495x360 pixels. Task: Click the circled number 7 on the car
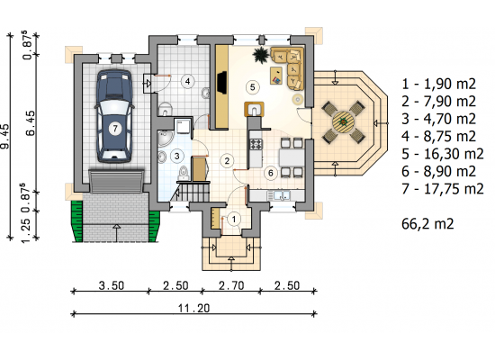115,129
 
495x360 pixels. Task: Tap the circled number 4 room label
187,82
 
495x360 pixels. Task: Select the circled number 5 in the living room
252,86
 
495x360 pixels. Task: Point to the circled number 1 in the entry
234,219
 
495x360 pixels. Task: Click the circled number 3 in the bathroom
176,156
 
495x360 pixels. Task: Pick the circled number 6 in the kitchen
271,173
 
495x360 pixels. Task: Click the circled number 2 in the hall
227,161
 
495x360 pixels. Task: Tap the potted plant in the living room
261,55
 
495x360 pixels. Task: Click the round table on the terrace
344,121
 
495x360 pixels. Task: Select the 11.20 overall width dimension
193,308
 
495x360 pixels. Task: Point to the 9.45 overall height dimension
4,137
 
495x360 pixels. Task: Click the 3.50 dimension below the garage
112,286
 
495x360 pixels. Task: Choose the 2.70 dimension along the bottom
231,286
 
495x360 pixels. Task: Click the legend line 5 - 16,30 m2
443,154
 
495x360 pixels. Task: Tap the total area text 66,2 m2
427,224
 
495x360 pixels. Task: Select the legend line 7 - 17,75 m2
443,189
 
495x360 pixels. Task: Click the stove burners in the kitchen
256,144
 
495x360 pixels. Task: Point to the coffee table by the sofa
276,76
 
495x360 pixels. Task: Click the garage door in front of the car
116,181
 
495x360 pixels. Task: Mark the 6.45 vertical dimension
31,123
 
